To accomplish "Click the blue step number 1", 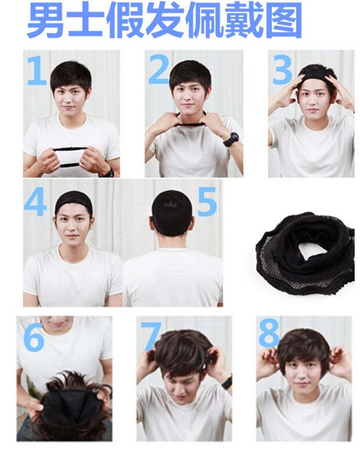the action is click(37, 70).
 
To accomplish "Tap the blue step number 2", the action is click(160, 69).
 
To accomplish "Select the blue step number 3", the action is click(282, 69).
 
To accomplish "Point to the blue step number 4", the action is click(35, 202).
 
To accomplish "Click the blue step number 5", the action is click(207, 202).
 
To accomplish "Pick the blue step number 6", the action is click(34, 337).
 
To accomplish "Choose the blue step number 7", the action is click(151, 336).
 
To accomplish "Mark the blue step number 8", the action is click(269, 332).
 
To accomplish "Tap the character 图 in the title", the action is click(283, 20).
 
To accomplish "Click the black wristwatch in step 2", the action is click(231, 139).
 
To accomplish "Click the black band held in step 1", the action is click(70, 157).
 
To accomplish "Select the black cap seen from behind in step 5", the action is click(171, 212).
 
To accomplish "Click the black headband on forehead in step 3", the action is click(315, 77).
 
